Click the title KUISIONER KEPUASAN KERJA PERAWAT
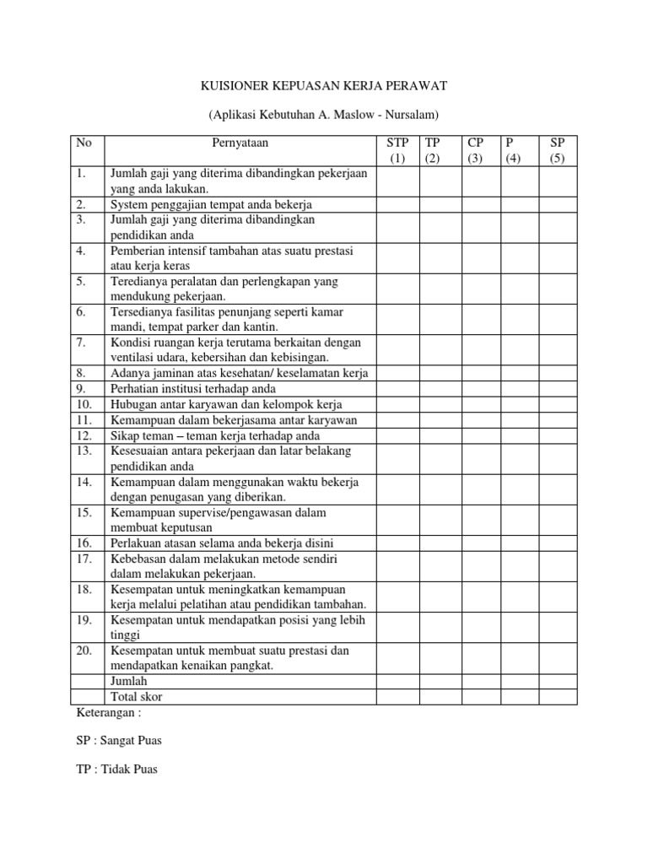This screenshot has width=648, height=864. pyautogui.click(x=323, y=86)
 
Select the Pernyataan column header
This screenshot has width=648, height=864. pyautogui.click(x=240, y=143)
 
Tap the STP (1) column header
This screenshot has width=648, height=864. pyautogui.click(x=397, y=150)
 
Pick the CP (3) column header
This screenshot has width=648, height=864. pyautogui.click(x=475, y=150)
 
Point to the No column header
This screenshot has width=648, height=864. pyautogui.click(x=84, y=143)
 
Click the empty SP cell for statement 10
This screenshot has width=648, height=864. pyautogui.click(x=560, y=404)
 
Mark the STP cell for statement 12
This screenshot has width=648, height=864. pyautogui.click(x=397, y=435)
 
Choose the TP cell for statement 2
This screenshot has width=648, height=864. pyautogui.click(x=440, y=204)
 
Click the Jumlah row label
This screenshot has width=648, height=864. pyautogui.click(x=128, y=681)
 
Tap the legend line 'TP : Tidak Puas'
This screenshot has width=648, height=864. pyautogui.click(x=116, y=769)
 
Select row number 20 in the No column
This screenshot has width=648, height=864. pyautogui.click(x=84, y=651)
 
